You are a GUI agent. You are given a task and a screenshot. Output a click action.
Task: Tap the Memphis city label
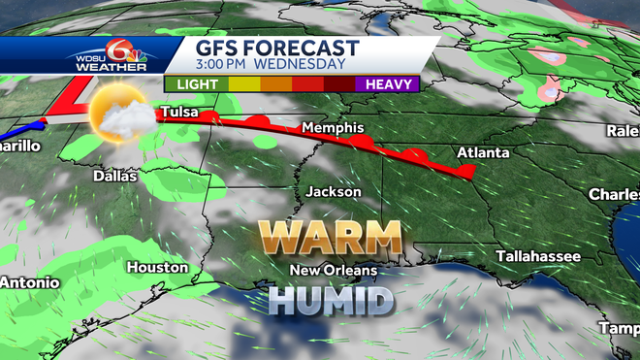[332, 128]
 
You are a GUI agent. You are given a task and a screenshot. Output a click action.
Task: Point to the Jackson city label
[334, 192]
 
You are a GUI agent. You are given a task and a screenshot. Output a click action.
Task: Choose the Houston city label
[156, 267]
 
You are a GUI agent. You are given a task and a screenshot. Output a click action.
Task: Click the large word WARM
[330, 239]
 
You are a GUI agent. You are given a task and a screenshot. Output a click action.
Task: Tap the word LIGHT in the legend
[196, 83]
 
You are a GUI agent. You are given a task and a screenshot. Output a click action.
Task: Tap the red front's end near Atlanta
[469, 173]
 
